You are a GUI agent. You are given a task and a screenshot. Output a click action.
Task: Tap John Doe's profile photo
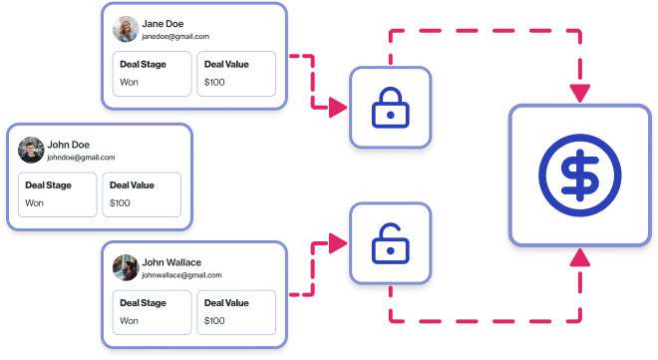click(x=31, y=151)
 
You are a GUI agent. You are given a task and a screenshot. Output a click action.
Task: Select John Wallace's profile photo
click(x=126, y=268)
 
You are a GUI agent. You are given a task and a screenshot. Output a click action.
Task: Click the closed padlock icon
click(x=389, y=109)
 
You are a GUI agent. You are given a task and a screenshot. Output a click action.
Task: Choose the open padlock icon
click(x=389, y=243)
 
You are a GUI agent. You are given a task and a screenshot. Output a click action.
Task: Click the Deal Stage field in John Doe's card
click(x=58, y=193)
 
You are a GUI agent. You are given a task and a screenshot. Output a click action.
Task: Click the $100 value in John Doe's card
click(x=121, y=202)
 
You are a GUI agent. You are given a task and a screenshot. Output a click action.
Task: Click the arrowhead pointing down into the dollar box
click(x=579, y=94)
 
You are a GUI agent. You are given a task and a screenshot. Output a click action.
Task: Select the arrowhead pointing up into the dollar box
click(x=579, y=258)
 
